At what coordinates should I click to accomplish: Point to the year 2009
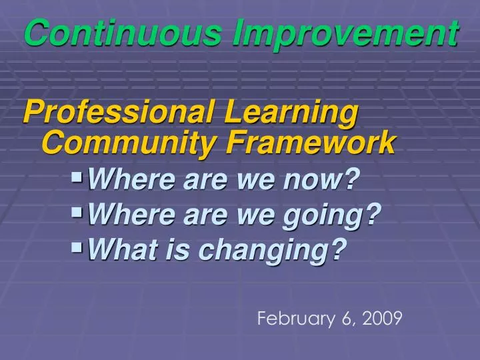383,319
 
